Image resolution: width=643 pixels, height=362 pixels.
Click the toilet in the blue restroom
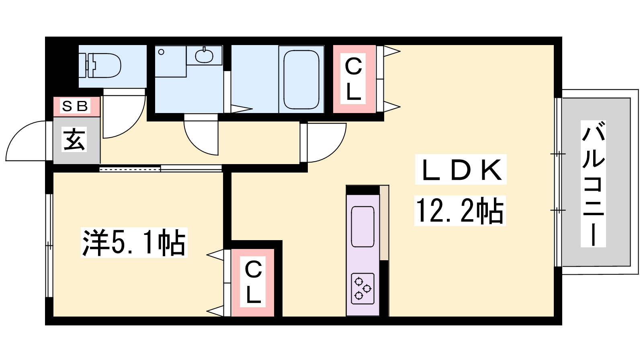click(100, 66)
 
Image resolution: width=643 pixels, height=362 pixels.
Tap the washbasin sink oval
click(204, 56)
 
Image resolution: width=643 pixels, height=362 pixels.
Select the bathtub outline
click(301, 80)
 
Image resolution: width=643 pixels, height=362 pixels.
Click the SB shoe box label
click(75, 106)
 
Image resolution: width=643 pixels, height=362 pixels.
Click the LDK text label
click(461, 170)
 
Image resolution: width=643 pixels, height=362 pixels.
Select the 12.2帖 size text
click(460, 211)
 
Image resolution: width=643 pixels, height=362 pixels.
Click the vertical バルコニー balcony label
click(593, 184)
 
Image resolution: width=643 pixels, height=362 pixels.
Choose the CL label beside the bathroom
click(353, 78)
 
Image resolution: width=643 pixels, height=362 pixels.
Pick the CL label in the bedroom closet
click(253, 282)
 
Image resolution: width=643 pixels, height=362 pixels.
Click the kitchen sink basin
click(362, 226)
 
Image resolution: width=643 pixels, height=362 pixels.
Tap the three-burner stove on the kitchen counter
click(362, 288)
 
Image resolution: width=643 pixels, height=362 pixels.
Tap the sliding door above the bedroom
click(161, 168)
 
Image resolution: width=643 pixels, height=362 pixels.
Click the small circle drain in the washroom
click(161, 52)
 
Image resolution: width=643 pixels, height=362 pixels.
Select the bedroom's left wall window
click(49, 246)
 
